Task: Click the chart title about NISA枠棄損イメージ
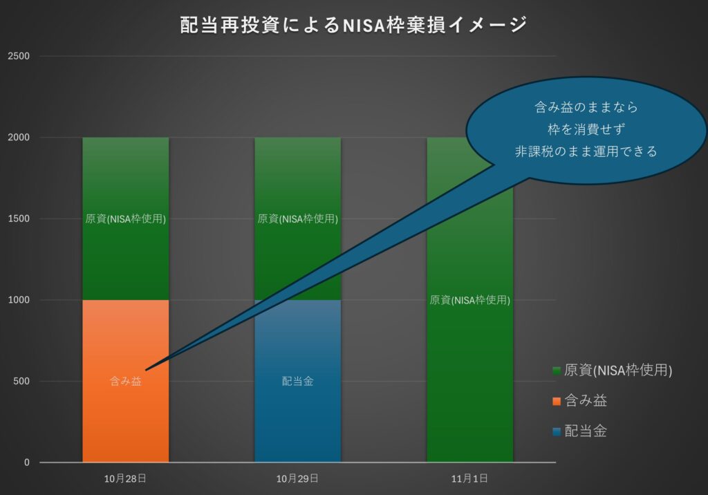[x=353, y=26]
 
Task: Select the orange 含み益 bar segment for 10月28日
[x=125, y=415]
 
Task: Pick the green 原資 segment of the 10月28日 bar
[x=125, y=256]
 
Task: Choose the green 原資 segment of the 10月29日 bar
[x=297, y=256]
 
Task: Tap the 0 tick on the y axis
[x=27, y=463]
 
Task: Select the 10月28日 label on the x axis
[x=125, y=478]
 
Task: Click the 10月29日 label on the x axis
[x=297, y=478]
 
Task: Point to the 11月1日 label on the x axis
[x=470, y=478]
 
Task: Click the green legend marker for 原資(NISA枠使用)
[x=557, y=371]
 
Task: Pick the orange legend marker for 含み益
[x=557, y=401]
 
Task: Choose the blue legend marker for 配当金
[x=557, y=432]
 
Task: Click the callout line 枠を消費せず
[x=586, y=129]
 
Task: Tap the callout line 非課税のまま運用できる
[x=586, y=151]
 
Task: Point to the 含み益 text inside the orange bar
[x=125, y=381]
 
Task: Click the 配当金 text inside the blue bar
[x=297, y=381]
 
